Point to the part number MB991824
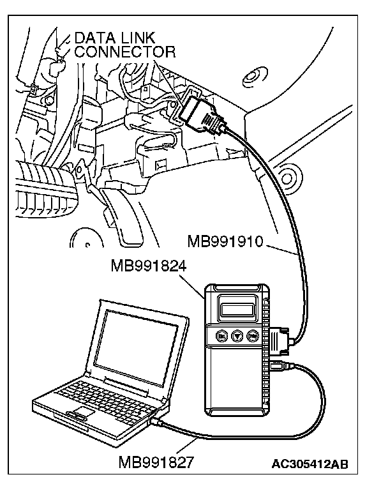(x=148, y=265)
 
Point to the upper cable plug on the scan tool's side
(x=280, y=340)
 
